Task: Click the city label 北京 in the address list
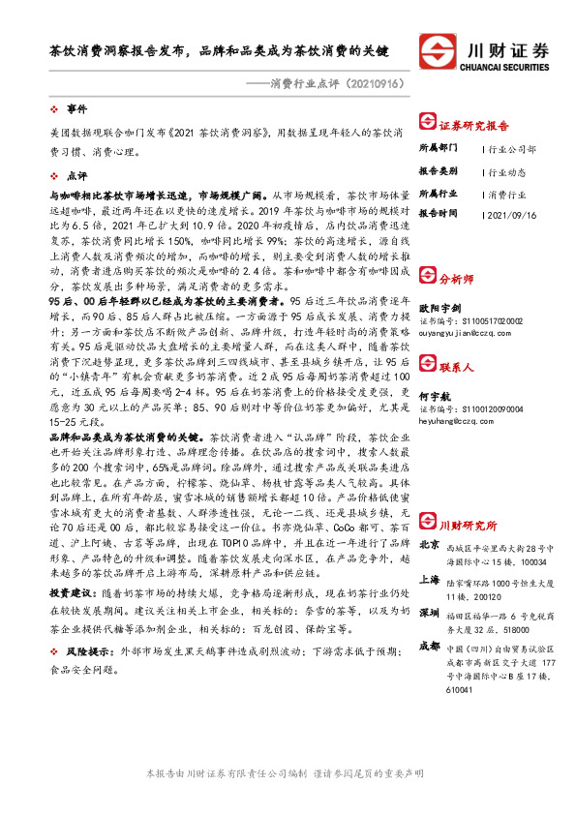tap(429, 518)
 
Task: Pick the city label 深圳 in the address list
tap(429, 584)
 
